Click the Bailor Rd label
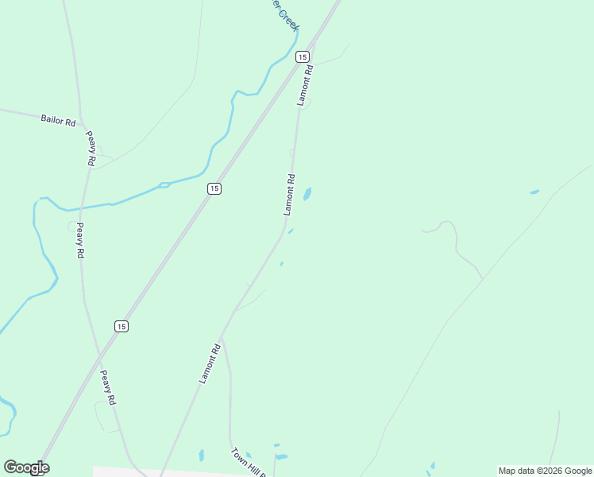tap(58, 121)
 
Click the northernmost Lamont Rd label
tap(306, 85)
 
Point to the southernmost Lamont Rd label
tap(210, 363)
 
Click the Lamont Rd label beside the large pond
tap(290, 194)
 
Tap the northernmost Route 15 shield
tap(302, 56)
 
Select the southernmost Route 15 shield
tap(121, 326)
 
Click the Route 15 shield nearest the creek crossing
tap(214, 188)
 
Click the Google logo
tap(26, 467)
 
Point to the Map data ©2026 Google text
tap(546, 471)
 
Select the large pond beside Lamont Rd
tap(307, 194)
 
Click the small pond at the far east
tap(534, 192)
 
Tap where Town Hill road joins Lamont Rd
tap(222, 338)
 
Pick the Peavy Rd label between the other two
tap(79, 240)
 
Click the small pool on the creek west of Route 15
tap(164, 185)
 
